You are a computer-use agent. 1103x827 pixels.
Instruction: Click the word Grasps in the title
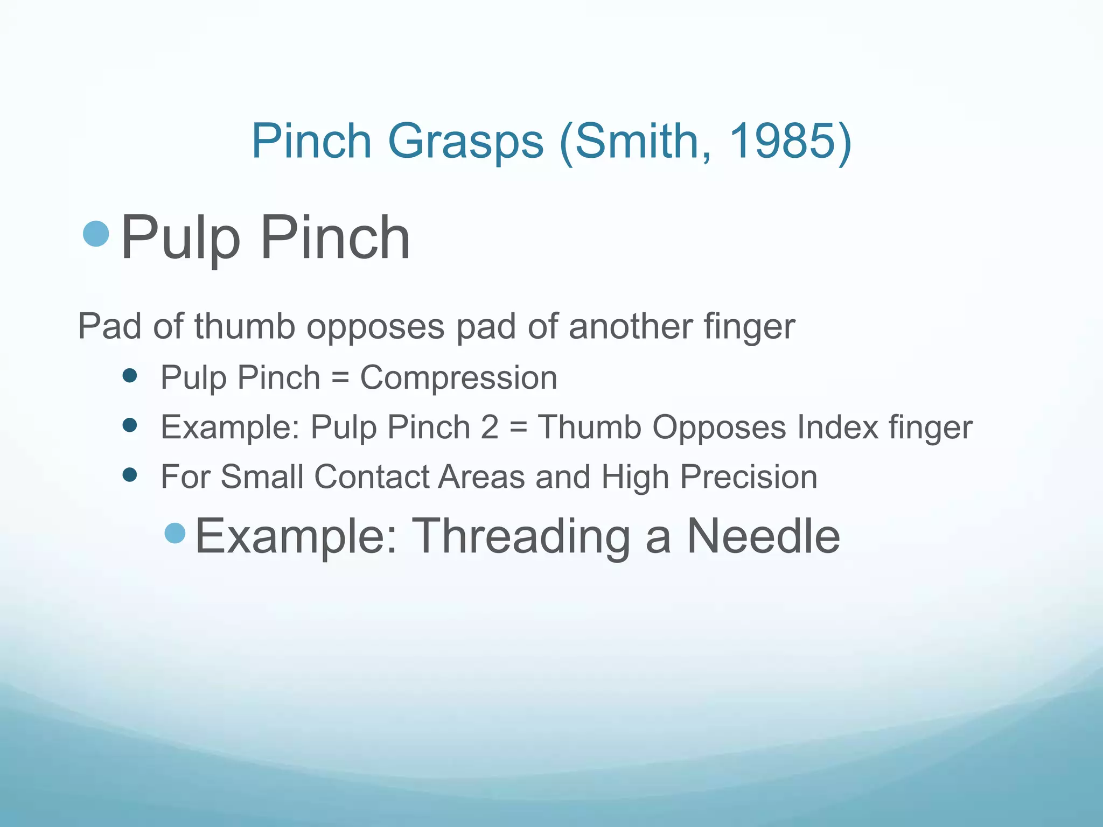[466, 142]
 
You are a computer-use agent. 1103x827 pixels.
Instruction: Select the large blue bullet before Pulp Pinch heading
[96, 234]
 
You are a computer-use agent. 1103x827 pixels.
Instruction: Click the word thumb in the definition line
[245, 326]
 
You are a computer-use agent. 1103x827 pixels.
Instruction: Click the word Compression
[458, 378]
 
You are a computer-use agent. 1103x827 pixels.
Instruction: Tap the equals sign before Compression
[340, 378]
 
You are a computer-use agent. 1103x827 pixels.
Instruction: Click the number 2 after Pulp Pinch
[490, 427]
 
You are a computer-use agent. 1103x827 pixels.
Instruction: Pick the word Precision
[749, 477]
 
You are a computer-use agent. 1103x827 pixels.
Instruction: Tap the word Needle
[763, 536]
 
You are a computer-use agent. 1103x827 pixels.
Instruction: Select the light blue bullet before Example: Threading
[175, 533]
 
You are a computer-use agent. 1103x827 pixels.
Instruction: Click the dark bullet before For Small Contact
[130, 475]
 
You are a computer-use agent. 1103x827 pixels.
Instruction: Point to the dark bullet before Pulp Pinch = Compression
[130, 375]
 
